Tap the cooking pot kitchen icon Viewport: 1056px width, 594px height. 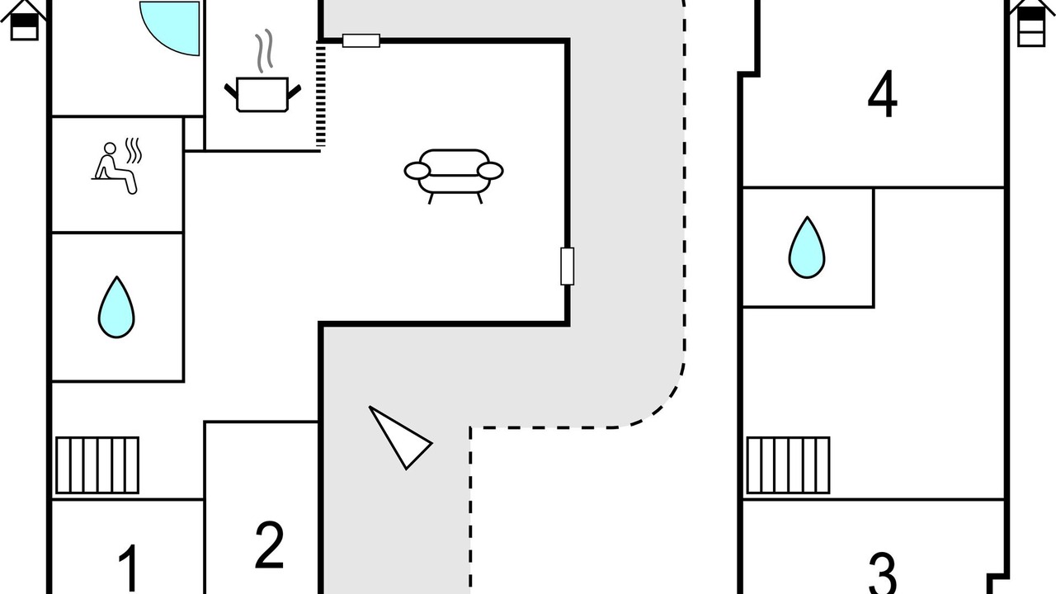tap(262, 93)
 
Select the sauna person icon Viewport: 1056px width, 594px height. tap(115, 167)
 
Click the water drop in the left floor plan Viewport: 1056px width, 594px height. tap(116, 307)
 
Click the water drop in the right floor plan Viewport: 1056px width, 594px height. tap(806, 247)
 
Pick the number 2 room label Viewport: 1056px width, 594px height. tap(270, 544)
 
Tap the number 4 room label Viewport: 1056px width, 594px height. tap(882, 96)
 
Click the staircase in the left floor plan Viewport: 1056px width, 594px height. tap(97, 465)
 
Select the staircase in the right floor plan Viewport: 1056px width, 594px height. tap(788, 465)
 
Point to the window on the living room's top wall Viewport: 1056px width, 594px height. tap(361, 40)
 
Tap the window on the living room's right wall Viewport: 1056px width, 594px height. tap(568, 266)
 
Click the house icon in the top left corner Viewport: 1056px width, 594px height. tap(25, 20)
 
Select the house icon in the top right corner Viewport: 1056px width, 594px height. tap(1031, 22)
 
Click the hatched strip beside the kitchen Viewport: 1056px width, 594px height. tap(321, 95)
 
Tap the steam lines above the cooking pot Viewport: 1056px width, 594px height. tap(264, 51)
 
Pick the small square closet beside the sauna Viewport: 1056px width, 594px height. tap(194, 134)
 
